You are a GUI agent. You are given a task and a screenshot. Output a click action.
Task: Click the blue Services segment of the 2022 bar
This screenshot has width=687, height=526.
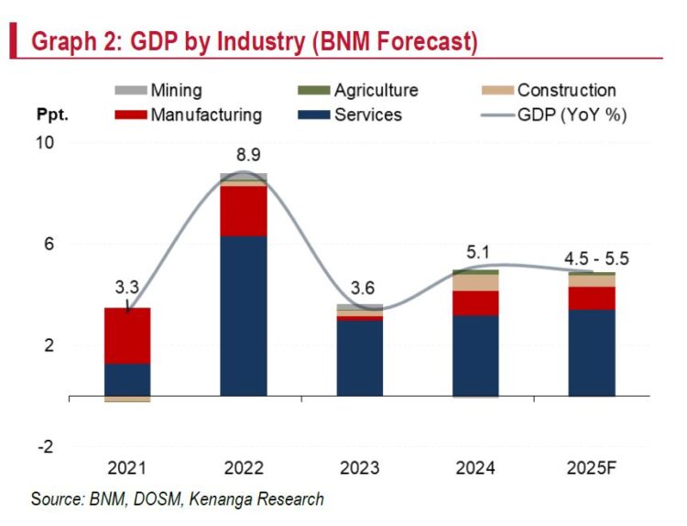[x=243, y=316]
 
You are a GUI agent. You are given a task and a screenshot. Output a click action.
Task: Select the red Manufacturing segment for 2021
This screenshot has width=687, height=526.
[x=127, y=336]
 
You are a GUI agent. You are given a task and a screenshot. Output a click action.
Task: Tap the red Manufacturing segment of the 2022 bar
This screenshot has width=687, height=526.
[x=243, y=212]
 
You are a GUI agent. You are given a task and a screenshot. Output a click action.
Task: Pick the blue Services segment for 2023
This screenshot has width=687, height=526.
[x=359, y=358]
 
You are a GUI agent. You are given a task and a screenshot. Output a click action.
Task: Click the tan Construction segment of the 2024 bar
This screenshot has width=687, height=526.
[x=475, y=282]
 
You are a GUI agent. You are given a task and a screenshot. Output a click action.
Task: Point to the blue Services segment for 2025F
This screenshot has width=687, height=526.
[x=591, y=353]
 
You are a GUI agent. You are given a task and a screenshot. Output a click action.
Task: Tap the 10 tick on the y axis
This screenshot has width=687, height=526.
[x=46, y=144]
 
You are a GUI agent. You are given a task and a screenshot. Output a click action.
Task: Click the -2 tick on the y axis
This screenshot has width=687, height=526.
[x=46, y=447]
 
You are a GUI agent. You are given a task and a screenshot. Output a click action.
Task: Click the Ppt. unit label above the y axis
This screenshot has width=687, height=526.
[x=53, y=116]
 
